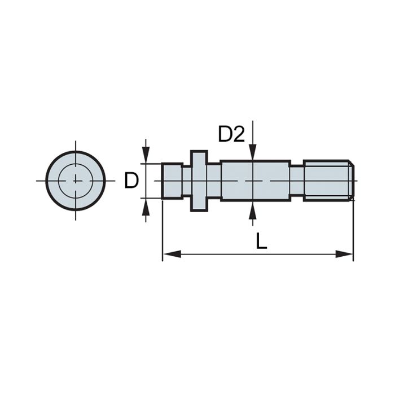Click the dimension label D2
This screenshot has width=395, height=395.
click(231, 134)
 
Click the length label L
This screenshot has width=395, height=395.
click(261, 241)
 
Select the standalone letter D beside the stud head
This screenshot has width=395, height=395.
click(131, 181)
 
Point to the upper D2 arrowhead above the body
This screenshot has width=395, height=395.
click(253, 154)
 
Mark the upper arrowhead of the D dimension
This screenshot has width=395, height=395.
click(146, 156)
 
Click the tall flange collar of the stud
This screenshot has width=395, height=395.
click(199, 181)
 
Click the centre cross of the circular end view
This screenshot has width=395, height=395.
click(75, 181)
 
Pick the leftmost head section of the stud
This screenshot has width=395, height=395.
click(172, 181)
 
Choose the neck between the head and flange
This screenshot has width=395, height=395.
click(186, 181)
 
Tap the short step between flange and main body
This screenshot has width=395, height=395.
click(213, 181)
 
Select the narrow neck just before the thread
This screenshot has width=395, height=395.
click(297, 181)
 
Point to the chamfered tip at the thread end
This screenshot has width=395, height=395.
click(351, 181)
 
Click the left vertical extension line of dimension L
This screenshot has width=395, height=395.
click(163, 231)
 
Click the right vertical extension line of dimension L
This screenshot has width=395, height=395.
click(353, 231)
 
